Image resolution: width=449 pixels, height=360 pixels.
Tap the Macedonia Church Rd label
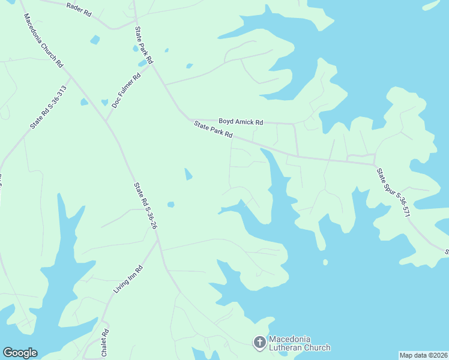[43, 39]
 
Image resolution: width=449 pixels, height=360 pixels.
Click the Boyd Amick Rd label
[240, 122]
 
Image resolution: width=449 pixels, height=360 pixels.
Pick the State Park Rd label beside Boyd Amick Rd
[213, 129]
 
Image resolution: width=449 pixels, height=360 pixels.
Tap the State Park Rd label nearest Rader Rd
[144, 45]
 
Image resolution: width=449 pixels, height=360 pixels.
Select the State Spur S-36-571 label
[393, 192]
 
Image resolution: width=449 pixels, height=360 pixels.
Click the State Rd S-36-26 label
[146, 204]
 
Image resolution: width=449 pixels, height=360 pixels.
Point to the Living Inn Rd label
[127, 280]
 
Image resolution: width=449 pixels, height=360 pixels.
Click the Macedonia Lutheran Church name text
[299, 343]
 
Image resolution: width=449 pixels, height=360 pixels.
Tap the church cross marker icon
[259, 343]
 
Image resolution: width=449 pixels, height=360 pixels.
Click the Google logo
[20, 353]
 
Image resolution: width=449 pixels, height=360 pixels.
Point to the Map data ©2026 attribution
[423, 355]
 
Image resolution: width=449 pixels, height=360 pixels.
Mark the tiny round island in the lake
[325, 262]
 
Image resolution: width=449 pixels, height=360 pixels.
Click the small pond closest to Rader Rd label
[95, 40]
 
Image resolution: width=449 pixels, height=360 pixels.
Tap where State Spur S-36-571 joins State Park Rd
[375, 164]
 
